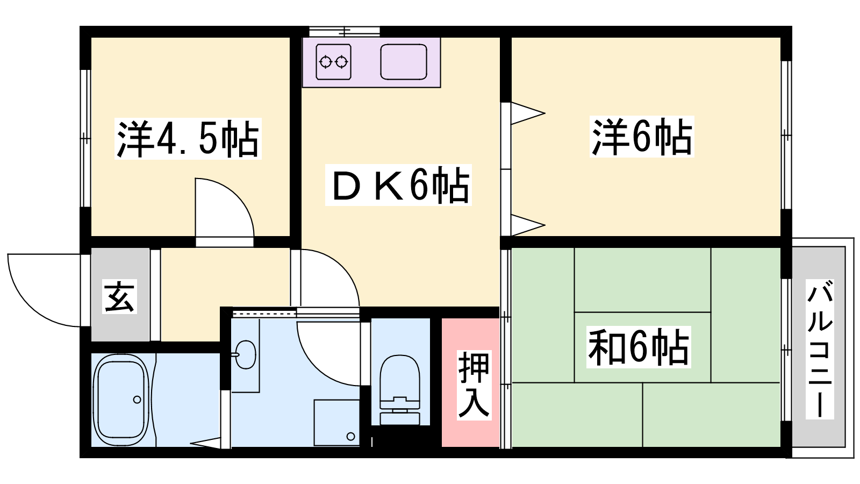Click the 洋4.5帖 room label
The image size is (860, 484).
click(x=188, y=139)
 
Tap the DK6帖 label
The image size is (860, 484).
click(x=398, y=185)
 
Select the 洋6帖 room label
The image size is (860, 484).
click(x=642, y=137)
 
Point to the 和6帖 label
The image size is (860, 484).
click(x=638, y=347)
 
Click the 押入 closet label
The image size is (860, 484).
click(x=474, y=384)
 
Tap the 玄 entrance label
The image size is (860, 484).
click(x=119, y=296)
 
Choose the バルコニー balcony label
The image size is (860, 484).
click(x=820, y=349)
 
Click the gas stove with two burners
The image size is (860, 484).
click(x=333, y=62)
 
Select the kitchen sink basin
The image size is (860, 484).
click(x=404, y=62)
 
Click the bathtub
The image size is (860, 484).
click(x=121, y=400)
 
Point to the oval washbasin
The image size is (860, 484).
click(x=246, y=354)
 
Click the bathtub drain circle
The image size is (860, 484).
click(x=137, y=400)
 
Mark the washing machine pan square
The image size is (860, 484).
click(x=336, y=422)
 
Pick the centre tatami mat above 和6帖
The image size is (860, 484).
click(x=642, y=280)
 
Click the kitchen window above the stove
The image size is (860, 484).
click(x=345, y=31)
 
